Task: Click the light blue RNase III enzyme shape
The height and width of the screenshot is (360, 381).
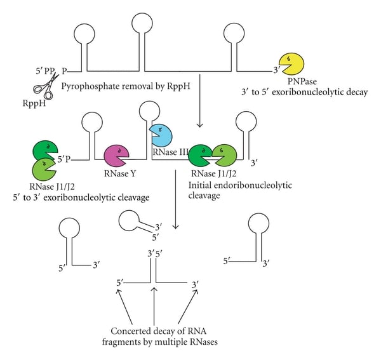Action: click(x=160, y=135)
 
